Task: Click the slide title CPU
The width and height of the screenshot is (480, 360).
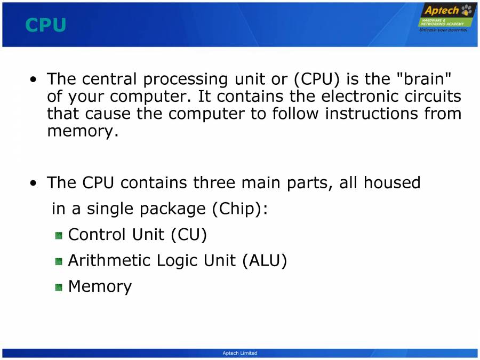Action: pos(45,25)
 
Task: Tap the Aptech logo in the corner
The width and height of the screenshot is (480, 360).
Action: pos(446,16)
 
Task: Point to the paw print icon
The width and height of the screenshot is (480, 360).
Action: pos(468,10)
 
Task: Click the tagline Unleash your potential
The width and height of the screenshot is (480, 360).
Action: pos(444,30)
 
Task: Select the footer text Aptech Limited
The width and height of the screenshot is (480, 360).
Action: pos(239,353)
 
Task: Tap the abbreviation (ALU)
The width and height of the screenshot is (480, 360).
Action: pos(264,261)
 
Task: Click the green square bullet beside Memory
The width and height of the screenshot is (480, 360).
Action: pos(59,287)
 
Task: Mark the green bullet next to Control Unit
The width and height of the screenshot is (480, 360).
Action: pos(59,235)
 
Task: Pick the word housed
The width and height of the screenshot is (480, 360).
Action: pos(392,183)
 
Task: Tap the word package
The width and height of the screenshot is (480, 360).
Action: pos(172,209)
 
